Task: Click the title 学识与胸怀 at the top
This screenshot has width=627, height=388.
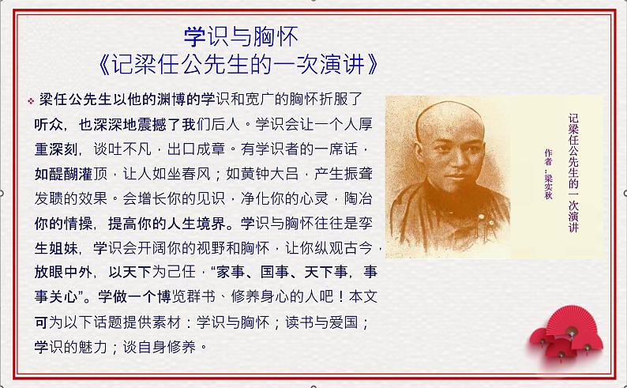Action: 241,36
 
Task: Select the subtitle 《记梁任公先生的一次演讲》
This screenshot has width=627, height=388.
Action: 240,62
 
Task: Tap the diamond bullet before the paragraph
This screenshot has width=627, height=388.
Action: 31,100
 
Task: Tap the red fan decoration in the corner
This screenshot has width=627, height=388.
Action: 562,341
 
